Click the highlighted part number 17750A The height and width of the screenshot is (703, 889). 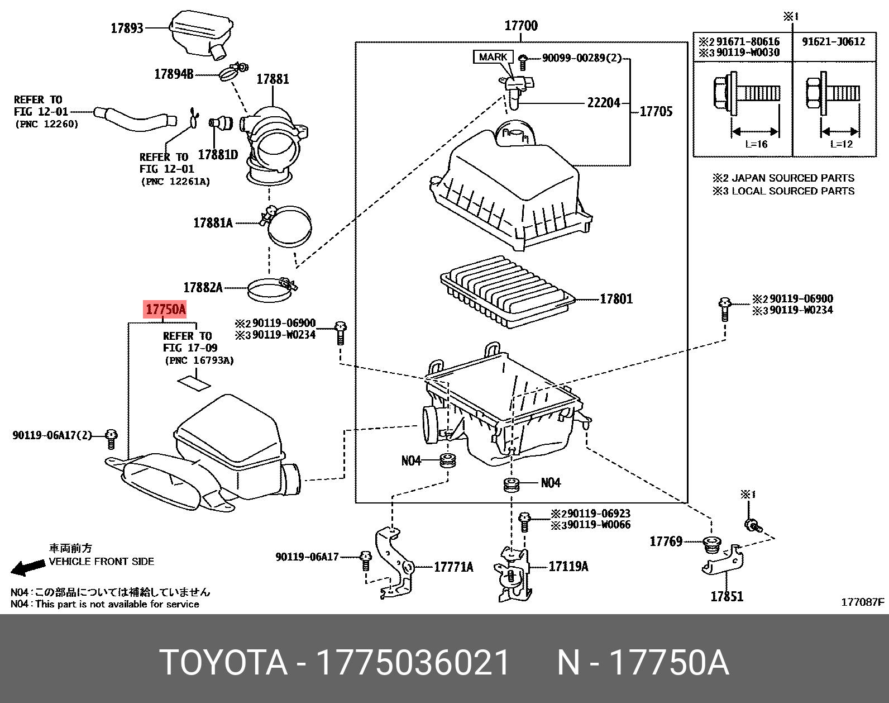point(165,309)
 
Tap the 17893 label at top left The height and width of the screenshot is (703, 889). point(127,28)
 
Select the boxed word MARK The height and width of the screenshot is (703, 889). point(493,57)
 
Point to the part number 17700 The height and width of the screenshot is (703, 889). point(520,26)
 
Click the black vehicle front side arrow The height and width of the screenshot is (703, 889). point(28,567)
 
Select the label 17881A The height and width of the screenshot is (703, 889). point(213,223)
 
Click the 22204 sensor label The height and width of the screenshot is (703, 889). point(603,103)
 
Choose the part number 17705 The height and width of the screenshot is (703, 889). point(656,111)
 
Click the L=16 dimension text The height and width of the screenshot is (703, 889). point(756,144)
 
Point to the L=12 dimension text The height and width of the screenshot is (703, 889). point(842,144)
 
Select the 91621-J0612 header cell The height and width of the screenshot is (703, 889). point(833,41)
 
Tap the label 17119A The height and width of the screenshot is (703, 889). point(568,566)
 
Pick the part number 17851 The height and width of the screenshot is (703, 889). point(727,596)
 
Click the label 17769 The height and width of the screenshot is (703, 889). point(666,541)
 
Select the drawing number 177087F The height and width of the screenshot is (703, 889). point(863,602)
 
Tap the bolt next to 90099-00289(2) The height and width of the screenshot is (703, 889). point(523,58)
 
